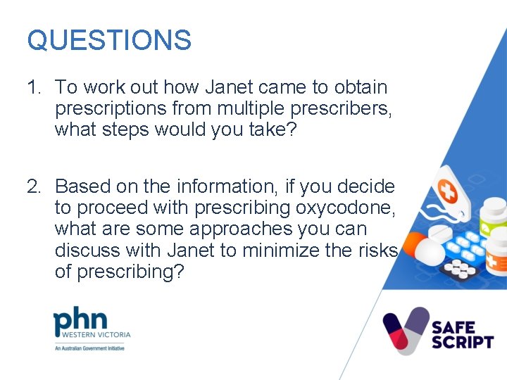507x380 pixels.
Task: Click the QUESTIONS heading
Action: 109,40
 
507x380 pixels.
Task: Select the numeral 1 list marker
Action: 32,87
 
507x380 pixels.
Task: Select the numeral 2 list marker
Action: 34,186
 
